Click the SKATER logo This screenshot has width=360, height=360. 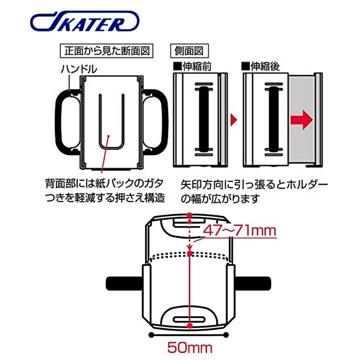coord(85,21)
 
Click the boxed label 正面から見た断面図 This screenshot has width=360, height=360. coord(107,51)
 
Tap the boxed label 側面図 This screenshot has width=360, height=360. coord(189,51)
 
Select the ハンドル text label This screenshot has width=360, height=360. coord(79,69)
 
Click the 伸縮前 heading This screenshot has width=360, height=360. coord(193,66)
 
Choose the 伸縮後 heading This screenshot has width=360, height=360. coord(260,66)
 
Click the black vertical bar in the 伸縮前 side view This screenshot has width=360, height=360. coord(204,119)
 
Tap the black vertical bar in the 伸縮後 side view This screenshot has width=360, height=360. coord(274,119)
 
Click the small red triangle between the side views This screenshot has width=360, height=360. coord(233,120)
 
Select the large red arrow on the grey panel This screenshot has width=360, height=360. coord(302,120)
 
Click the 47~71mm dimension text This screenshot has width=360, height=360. coord(240,231)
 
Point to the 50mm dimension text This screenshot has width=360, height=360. coord(190,347)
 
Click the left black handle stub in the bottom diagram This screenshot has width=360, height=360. coord(124,283)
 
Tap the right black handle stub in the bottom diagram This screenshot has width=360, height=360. coord(253,283)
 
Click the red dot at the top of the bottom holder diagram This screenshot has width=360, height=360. coord(189,215)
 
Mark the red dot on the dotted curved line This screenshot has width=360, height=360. coord(189,253)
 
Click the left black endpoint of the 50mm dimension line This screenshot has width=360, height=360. coord(151,335)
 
